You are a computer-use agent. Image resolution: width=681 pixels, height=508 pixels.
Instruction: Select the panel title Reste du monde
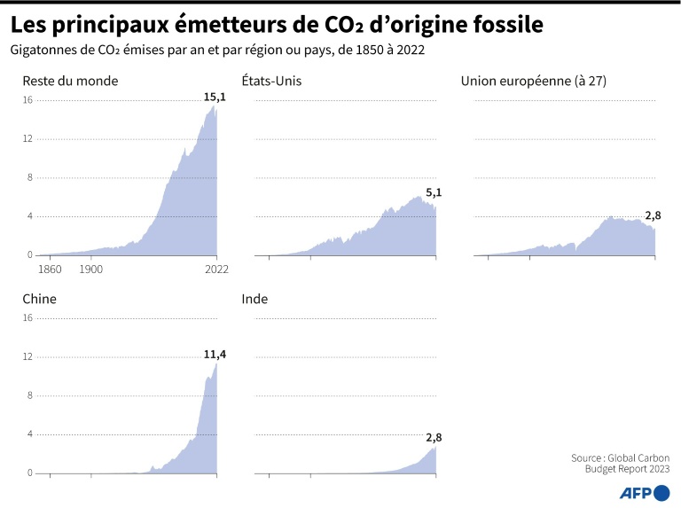70,81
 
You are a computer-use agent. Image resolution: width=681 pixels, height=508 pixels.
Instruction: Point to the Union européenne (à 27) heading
533,81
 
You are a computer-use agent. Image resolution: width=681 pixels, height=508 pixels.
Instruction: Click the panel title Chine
39,299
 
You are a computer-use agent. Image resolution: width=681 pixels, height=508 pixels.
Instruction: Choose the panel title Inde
254,299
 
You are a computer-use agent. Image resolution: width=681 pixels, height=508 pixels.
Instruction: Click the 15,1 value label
215,96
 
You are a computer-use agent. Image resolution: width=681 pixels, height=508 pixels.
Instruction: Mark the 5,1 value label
434,192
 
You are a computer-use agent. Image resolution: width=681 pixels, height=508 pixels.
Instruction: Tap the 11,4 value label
215,355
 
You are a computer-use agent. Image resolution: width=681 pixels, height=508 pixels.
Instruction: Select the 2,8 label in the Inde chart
434,437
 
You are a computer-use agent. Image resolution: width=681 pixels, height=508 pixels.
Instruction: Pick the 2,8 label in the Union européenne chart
653,215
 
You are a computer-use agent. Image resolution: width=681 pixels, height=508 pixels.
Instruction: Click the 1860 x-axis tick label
50,268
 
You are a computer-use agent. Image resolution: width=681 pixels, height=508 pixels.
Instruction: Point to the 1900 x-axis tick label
90,268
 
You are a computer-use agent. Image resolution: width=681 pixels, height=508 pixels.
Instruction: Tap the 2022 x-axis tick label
217,268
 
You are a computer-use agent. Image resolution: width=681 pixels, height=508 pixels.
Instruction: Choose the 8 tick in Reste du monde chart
29,177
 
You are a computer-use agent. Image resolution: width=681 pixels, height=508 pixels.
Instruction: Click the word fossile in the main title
501,26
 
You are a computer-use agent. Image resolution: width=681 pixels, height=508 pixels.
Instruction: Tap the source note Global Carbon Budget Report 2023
620,463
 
